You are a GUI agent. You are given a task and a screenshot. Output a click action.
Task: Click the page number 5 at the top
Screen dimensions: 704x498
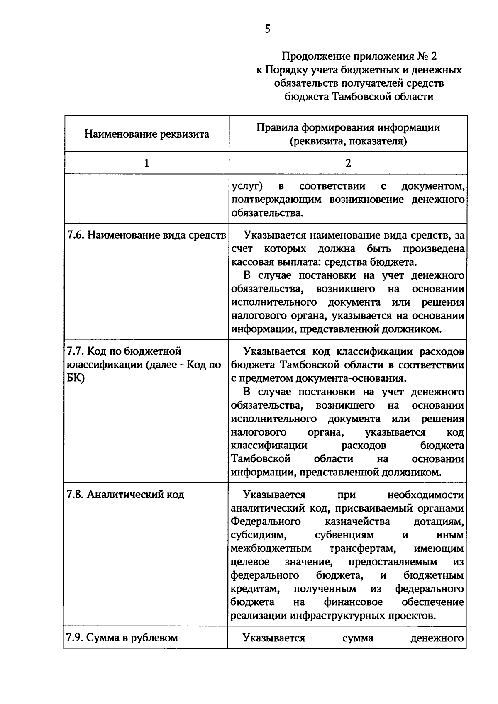pos(267,29)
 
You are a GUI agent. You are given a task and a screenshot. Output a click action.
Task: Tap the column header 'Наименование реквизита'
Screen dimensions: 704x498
pos(146,134)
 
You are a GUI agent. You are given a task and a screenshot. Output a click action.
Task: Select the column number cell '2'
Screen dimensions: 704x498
pos(348,163)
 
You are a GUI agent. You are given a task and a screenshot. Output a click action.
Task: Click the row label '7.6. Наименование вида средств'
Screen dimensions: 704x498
pos(146,235)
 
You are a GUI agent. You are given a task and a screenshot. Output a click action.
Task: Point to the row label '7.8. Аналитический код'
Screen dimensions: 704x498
pos(125,495)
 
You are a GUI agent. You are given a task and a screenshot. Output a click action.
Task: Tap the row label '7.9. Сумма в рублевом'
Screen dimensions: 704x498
pos(122,638)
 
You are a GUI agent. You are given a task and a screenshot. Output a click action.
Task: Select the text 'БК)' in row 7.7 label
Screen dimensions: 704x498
pos(76,378)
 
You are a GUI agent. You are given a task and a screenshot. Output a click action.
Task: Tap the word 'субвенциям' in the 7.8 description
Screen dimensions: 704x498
pos(344,535)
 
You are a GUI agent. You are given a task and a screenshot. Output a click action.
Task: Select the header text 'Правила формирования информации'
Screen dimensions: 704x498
pos(348,127)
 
